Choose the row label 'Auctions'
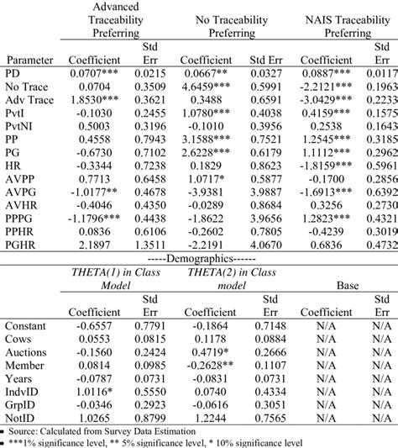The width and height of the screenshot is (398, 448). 27,354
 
